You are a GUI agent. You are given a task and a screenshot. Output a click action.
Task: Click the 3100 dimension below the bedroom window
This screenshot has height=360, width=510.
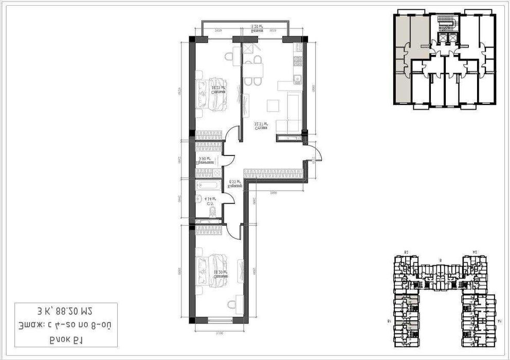click(220, 332)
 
